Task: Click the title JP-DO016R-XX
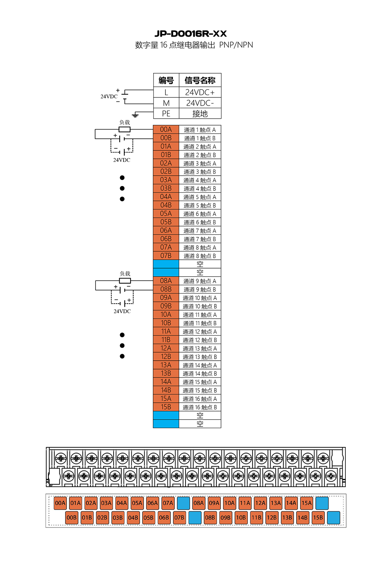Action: [190, 34]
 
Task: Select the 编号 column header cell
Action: [166, 80]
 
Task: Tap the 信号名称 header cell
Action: [200, 80]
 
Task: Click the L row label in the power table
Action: [166, 92]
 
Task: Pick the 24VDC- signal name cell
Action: [200, 103]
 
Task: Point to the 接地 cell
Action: [200, 113]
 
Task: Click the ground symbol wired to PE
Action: [135, 115]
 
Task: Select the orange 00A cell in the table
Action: [166, 129]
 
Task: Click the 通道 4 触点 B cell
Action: [200, 188]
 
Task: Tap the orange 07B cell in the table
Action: [166, 256]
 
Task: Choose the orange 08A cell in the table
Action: [166, 281]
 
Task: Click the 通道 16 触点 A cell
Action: [200, 399]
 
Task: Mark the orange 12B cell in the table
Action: [166, 356]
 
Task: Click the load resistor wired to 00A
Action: [124, 129]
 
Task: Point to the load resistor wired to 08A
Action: [125, 280]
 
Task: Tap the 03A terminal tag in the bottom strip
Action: [106, 503]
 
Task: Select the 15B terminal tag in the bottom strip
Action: [318, 518]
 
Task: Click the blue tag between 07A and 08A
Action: [183, 503]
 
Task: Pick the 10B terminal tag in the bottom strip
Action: [241, 518]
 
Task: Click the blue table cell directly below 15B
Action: [166, 415]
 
